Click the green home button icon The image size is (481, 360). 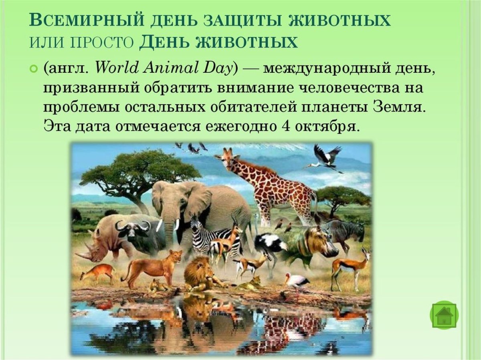click(x=444, y=315)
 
